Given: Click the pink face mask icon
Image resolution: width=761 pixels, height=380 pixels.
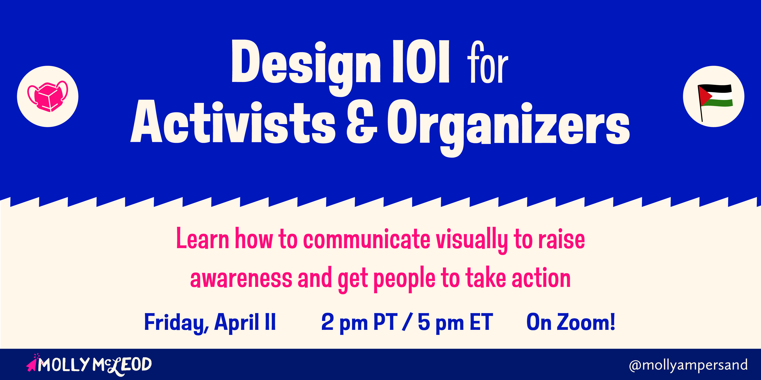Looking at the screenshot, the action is point(48,96).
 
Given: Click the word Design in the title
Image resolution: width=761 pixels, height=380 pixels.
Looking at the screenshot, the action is point(306,67).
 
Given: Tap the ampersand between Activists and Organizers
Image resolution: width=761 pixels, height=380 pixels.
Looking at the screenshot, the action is point(362,122).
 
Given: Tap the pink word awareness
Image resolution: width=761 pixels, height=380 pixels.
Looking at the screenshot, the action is point(241,279).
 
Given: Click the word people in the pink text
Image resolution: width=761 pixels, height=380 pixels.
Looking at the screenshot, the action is point(404,279).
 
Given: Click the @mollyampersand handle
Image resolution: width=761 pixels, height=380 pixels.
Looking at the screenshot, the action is point(688,365).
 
